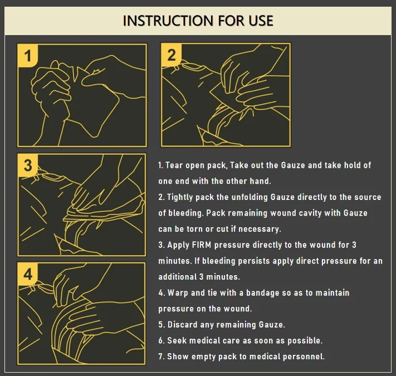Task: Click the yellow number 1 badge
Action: coord(28,56)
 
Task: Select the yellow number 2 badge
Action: coord(172,55)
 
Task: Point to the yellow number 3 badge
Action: coord(28,165)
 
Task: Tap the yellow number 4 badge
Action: coord(28,274)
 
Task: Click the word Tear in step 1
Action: coord(174,165)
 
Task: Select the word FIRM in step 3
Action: coord(202,245)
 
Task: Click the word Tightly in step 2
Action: coord(180,197)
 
